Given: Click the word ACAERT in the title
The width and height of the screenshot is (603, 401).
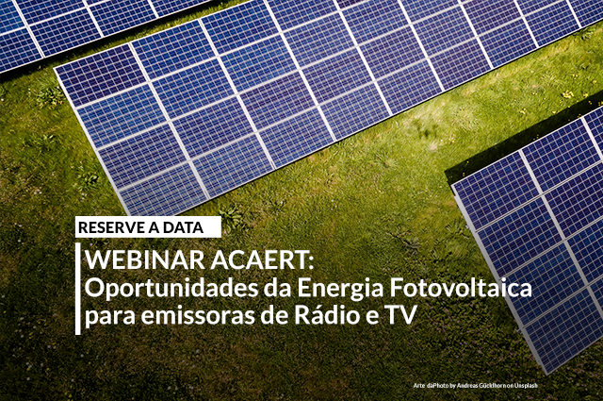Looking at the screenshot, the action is point(258,260).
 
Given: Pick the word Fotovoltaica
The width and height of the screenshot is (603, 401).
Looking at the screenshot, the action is point(461,288).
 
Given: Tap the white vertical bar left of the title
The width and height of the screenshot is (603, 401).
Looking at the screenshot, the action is point(78,288).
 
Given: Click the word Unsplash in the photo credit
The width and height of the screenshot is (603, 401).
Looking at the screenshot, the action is point(526,385).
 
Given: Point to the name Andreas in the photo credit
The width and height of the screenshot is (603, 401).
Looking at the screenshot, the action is point(465,385).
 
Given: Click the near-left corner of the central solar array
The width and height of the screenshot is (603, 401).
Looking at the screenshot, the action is point(128,214).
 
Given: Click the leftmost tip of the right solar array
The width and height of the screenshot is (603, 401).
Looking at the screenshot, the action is point(451,185).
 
